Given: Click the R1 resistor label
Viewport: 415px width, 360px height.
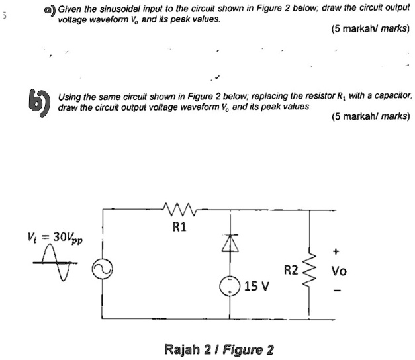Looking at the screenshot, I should (179, 228).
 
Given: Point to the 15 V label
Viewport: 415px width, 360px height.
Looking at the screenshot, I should (255, 287).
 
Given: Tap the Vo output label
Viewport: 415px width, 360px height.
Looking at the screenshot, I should (339, 271).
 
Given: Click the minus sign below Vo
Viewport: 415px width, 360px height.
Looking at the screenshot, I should (337, 289).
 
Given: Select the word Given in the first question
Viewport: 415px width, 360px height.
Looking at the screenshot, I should (70, 8).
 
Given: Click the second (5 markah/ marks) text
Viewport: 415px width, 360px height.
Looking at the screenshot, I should (371, 116).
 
